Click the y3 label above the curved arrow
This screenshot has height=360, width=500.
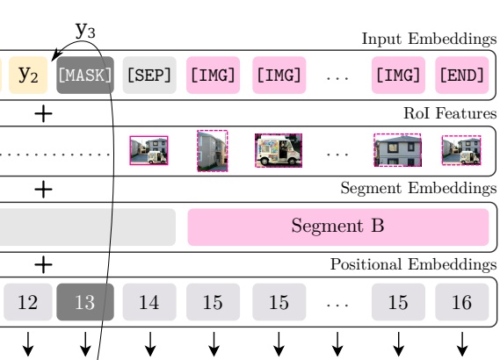point(85,30)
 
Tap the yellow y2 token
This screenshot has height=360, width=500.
point(28,76)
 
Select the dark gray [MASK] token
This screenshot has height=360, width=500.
point(85,76)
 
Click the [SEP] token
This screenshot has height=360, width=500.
point(149,76)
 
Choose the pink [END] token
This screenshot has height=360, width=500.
point(462,76)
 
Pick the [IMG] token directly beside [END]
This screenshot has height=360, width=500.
point(398,76)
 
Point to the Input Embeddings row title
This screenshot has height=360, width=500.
point(429,40)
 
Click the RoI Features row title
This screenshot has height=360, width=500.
point(450,113)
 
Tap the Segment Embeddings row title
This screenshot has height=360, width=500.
point(418,188)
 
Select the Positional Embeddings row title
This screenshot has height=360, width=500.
point(414,264)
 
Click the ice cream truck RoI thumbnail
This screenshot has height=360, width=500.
point(279,150)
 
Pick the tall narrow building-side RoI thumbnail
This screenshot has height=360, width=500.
point(213,151)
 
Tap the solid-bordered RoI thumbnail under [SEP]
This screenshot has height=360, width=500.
point(149,150)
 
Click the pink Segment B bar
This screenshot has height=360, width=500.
point(338,227)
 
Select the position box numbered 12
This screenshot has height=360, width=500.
point(28,302)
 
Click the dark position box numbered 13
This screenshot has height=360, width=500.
point(85,302)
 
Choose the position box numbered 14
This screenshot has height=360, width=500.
point(149,302)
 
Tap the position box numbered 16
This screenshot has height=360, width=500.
point(462,302)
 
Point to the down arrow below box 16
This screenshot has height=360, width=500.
point(462,344)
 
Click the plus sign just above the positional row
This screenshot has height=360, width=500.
point(43,264)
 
